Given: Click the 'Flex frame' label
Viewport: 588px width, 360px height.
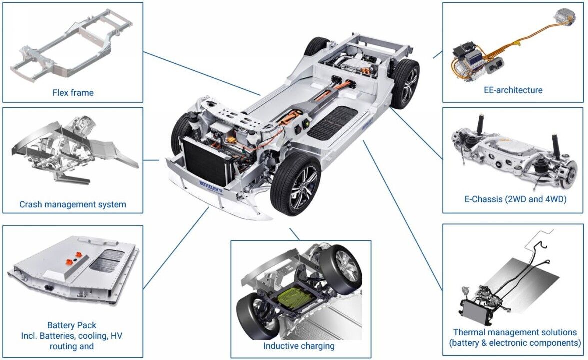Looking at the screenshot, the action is click(73, 92).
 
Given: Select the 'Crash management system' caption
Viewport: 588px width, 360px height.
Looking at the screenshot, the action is click(73, 204).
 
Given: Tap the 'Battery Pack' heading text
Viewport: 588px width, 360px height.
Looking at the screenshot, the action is click(72, 325).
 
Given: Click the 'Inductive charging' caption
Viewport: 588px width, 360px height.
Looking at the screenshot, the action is click(299, 346).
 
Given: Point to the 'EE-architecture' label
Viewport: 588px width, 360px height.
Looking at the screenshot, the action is click(513, 90).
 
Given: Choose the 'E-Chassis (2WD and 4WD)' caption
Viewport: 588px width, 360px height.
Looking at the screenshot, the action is click(515, 199).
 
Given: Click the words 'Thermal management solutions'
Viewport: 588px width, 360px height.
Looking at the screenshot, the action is click(515, 332).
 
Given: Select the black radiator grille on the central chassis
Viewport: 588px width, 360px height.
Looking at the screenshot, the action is click(205, 163).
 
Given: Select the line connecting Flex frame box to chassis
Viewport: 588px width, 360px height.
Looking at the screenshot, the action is click(202, 74).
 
